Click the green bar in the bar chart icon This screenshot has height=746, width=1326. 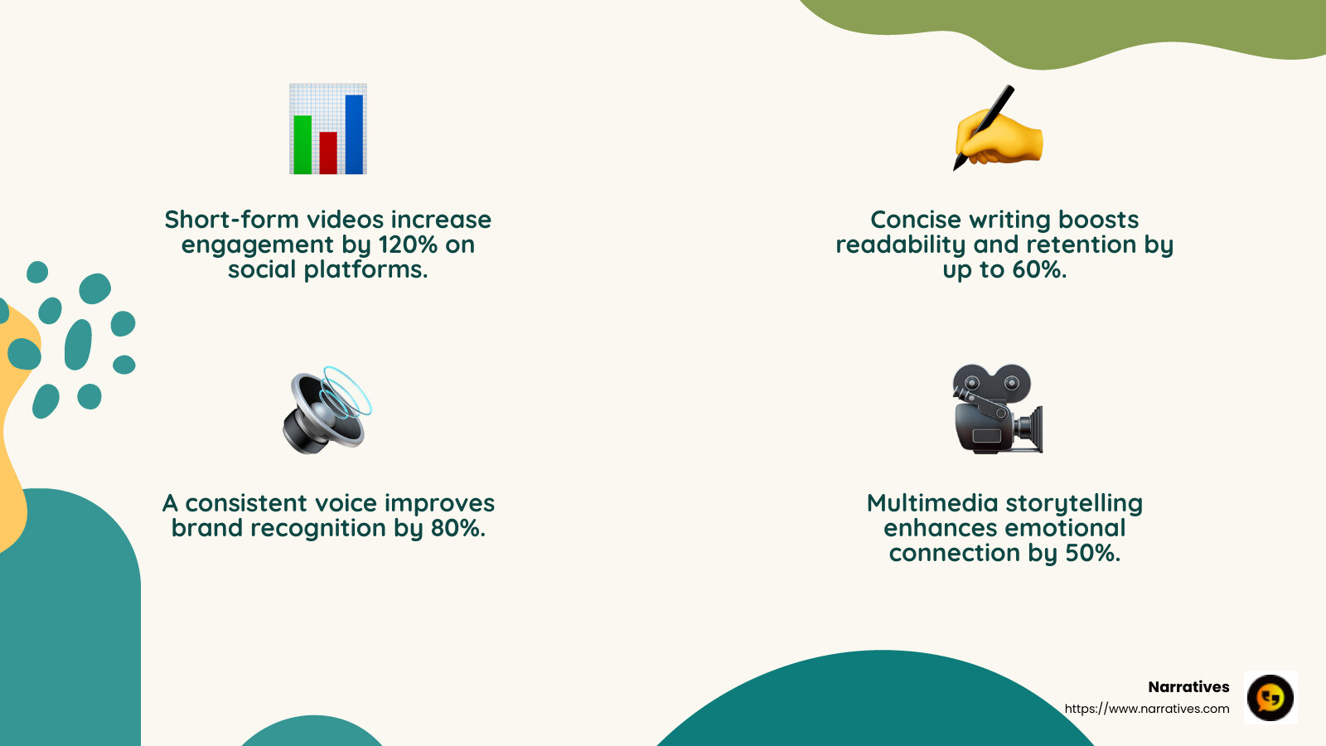pos(302,145)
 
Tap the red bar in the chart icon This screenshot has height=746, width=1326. pos(328,153)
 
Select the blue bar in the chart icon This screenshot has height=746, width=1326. pos(354,134)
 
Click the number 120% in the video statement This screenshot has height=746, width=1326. pos(408,245)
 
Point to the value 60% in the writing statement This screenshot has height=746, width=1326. pos(1038,269)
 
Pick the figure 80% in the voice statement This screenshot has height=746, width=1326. pos(457,528)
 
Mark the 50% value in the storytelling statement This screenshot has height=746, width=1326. pos(1092,553)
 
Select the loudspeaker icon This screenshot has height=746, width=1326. pos(325,411)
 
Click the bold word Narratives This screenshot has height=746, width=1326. pos(1188,686)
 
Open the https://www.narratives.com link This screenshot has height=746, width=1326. pos(1147,709)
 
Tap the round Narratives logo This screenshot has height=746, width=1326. pos(1270,697)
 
